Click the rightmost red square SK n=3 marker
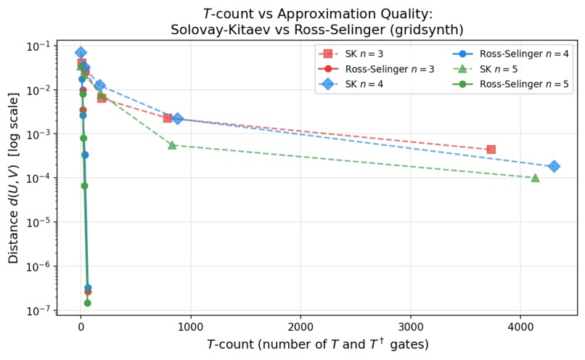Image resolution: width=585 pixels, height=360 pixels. coord(491,150)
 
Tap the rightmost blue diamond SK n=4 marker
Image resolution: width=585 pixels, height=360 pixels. coord(554,166)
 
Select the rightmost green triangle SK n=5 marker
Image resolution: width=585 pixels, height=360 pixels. coord(535,178)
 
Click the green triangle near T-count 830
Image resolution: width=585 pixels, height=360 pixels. coord(172,145)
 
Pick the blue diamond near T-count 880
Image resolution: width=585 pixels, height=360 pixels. coord(178,118)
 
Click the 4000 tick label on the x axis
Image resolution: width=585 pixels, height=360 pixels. coord(520,326)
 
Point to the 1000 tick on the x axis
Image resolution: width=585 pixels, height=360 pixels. coord(191,326)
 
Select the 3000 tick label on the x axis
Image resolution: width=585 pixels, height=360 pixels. coord(411,326)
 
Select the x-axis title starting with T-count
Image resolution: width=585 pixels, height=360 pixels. coord(317,344)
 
